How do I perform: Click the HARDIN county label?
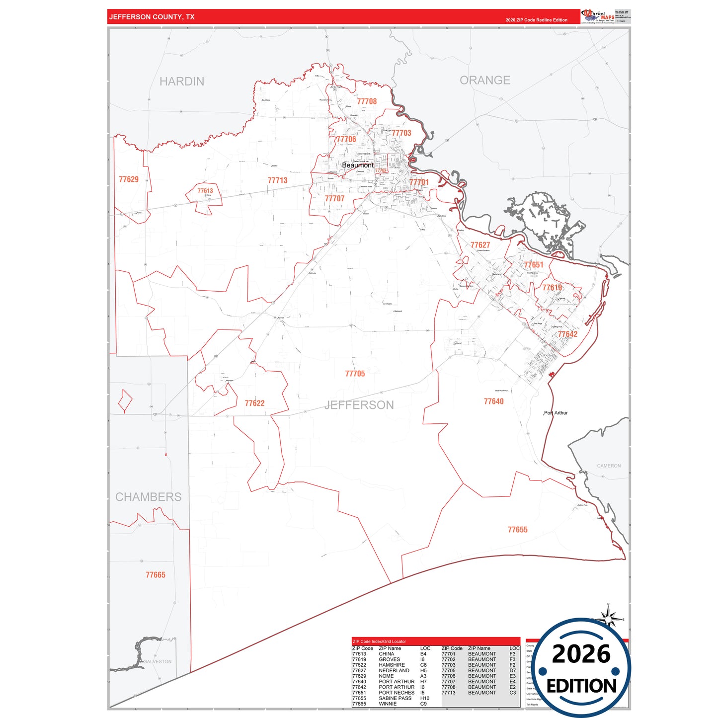(x=182, y=81)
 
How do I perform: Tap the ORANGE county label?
(x=484, y=80)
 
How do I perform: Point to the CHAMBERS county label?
(x=148, y=497)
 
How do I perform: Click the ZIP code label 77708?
(x=367, y=101)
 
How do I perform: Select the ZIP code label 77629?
(x=129, y=179)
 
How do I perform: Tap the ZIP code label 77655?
(x=517, y=530)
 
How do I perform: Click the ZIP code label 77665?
(x=155, y=575)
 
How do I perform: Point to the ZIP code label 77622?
(x=254, y=403)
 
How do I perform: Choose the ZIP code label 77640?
(x=493, y=401)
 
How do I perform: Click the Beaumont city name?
(x=357, y=165)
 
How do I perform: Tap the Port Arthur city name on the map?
(x=556, y=413)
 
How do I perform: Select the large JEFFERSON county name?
(x=359, y=405)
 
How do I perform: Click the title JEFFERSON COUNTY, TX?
(x=152, y=17)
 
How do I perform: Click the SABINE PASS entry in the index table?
(x=395, y=698)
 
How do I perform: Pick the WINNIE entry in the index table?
(x=388, y=704)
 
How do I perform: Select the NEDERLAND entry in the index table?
(x=394, y=670)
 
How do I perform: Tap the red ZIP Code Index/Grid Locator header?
(x=379, y=641)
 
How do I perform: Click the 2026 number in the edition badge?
(x=581, y=654)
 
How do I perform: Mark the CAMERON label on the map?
(x=609, y=466)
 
